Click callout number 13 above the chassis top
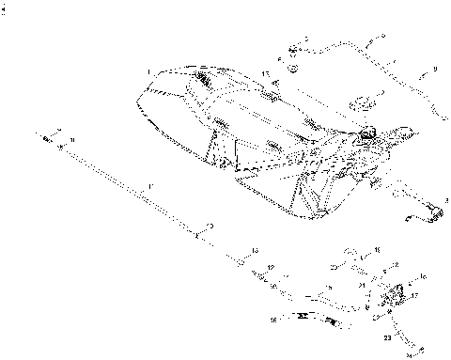click(266, 72)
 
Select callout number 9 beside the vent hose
click(434, 69)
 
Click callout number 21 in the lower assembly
click(363, 285)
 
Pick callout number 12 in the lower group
click(271, 269)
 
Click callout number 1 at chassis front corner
click(148, 71)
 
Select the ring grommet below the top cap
click(292, 67)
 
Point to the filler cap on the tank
click(367, 131)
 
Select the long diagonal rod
click(132, 187)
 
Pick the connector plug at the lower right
click(431, 209)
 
